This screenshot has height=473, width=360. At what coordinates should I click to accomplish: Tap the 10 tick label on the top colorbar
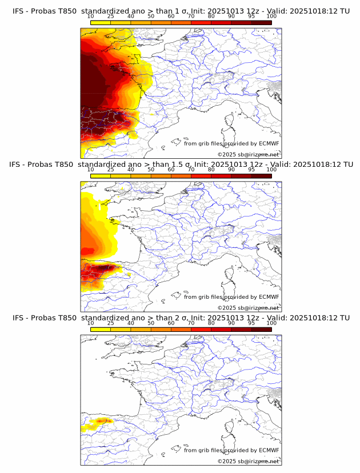pos(91,17)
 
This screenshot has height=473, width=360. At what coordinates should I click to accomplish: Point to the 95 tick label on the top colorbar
pos(251,17)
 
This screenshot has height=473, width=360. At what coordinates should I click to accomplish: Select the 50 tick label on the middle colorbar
pos(151,170)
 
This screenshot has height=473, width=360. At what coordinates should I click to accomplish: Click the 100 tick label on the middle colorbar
pos(271,170)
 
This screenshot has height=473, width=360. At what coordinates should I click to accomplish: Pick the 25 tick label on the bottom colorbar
pos(111,323)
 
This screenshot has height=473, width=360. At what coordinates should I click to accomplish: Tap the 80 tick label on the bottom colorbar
pos(211,323)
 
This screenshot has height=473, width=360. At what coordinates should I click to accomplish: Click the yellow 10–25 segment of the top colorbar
pos(101,22)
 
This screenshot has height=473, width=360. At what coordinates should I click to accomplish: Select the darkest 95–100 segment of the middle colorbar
pos(261,175)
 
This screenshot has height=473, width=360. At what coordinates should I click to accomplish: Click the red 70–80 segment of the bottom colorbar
pos(201,328)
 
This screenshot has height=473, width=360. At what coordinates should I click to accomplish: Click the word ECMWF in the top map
pos(269,144)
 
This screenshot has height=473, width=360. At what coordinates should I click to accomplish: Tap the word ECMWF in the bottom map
pos(269,450)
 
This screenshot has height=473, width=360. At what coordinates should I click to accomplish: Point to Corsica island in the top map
pos(230,121)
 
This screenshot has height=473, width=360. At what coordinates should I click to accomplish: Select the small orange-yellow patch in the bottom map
pos(100,422)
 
